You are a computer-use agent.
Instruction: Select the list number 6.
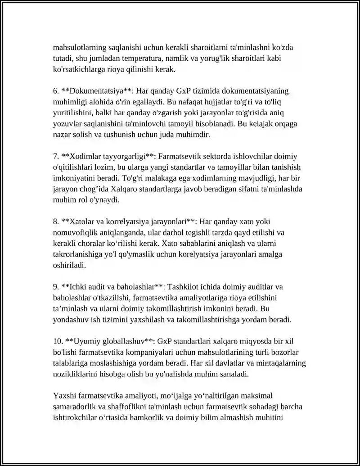click(x=56, y=91)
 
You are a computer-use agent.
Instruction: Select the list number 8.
click(x=56, y=222)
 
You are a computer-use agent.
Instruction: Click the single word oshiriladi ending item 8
click(x=69, y=265)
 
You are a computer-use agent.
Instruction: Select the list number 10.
click(x=58, y=341)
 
